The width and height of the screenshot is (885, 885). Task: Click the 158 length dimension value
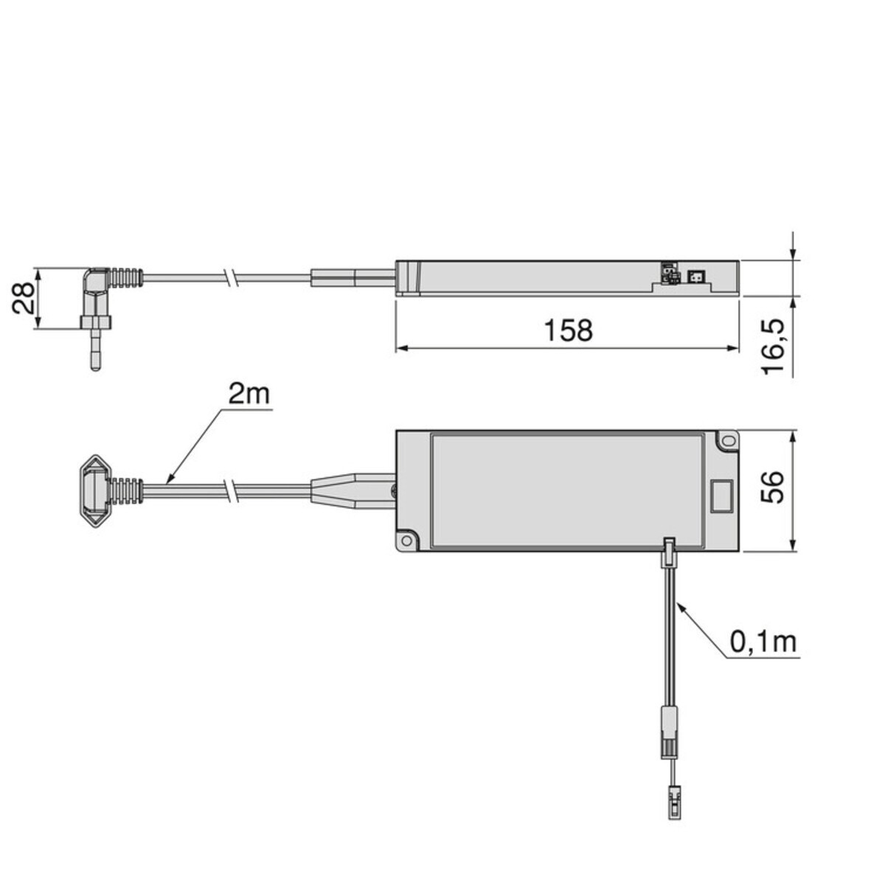pyautogui.click(x=568, y=330)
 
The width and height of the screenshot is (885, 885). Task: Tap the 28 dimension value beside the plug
pyautogui.click(x=23, y=298)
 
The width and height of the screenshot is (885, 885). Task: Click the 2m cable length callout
pyautogui.click(x=249, y=394)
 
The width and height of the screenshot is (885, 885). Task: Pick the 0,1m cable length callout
pyautogui.click(x=763, y=642)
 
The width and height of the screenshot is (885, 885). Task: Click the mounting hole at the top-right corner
pyautogui.click(x=729, y=440)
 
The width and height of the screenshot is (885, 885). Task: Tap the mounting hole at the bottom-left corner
pyautogui.click(x=406, y=540)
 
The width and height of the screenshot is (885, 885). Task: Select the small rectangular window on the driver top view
pyautogui.click(x=721, y=496)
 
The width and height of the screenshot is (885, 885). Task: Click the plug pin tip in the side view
pyautogui.click(x=95, y=367)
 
